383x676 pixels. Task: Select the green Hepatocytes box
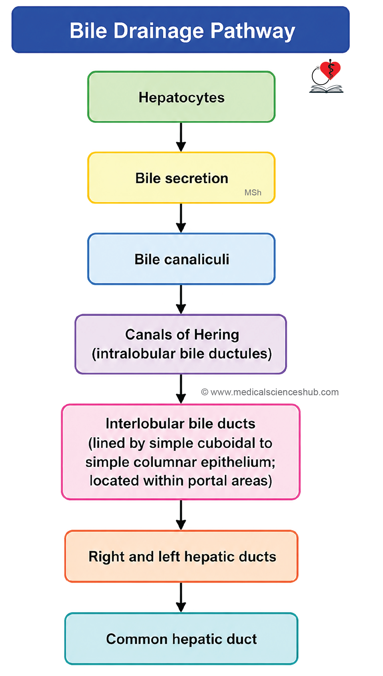pyautogui.click(x=181, y=97)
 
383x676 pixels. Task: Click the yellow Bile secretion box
pyautogui.click(x=181, y=178)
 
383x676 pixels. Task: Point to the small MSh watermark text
pyautogui.click(x=253, y=193)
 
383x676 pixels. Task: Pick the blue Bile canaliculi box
pyautogui.click(x=181, y=259)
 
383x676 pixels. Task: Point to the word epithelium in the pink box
pyautogui.click(x=237, y=463)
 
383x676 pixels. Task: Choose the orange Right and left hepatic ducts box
pyautogui.click(x=181, y=556)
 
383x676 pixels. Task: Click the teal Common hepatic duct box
pyautogui.click(x=181, y=639)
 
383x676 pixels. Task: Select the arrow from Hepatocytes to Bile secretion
pyautogui.click(x=181, y=137)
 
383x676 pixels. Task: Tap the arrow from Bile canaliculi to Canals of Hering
pyautogui.click(x=181, y=299)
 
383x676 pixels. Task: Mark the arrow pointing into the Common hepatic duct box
pyautogui.click(x=181, y=597)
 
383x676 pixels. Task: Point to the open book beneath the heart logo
pyautogui.click(x=326, y=89)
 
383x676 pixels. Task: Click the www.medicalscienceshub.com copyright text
pyautogui.click(x=270, y=392)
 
